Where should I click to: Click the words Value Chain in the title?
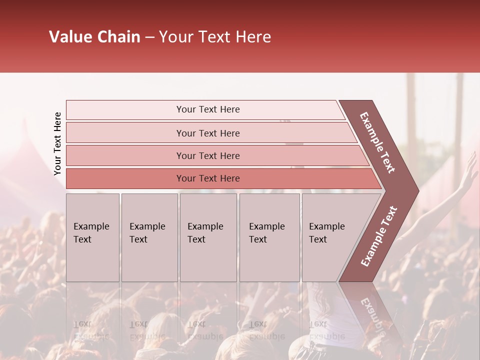click(x=94, y=37)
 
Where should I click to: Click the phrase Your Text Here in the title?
click(x=215, y=37)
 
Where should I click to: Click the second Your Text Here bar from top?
click(x=208, y=133)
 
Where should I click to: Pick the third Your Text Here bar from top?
click(x=208, y=155)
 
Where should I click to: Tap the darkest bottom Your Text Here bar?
click(x=208, y=178)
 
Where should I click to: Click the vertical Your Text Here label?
click(x=57, y=143)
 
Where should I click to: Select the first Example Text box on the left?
click(x=92, y=237)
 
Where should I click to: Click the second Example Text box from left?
click(x=149, y=237)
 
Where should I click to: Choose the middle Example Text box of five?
click(x=208, y=237)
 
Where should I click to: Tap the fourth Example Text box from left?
click(x=269, y=237)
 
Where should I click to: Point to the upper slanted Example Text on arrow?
click(x=377, y=142)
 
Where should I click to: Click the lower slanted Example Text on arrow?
click(x=379, y=236)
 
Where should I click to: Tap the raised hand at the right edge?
click(x=469, y=170)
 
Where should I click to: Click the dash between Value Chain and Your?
click(x=149, y=37)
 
